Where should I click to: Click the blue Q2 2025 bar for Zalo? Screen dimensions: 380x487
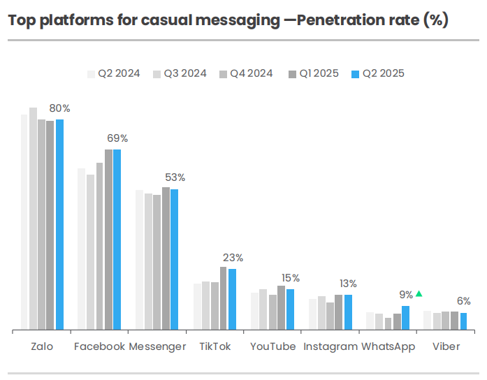(59, 224)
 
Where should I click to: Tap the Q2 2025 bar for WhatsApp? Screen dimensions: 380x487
(405, 317)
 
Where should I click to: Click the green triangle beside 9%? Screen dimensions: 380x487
(419, 294)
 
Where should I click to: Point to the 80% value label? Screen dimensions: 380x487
(59, 108)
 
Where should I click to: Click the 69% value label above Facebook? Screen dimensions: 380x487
(117, 138)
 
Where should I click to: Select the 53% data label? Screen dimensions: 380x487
(175, 177)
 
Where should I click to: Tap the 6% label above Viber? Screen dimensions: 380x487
(463, 301)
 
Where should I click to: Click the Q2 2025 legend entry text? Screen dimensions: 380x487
(383, 73)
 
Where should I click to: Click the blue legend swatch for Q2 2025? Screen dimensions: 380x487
(355, 73)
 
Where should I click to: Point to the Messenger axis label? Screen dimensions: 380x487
(157, 346)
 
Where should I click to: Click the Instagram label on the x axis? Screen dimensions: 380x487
(330, 346)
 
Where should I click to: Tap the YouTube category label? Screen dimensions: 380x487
(272, 346)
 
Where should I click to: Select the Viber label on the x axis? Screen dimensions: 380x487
(446, 346)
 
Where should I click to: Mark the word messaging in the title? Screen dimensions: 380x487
(233, 20)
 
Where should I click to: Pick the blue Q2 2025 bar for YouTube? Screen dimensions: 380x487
(290, 309)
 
